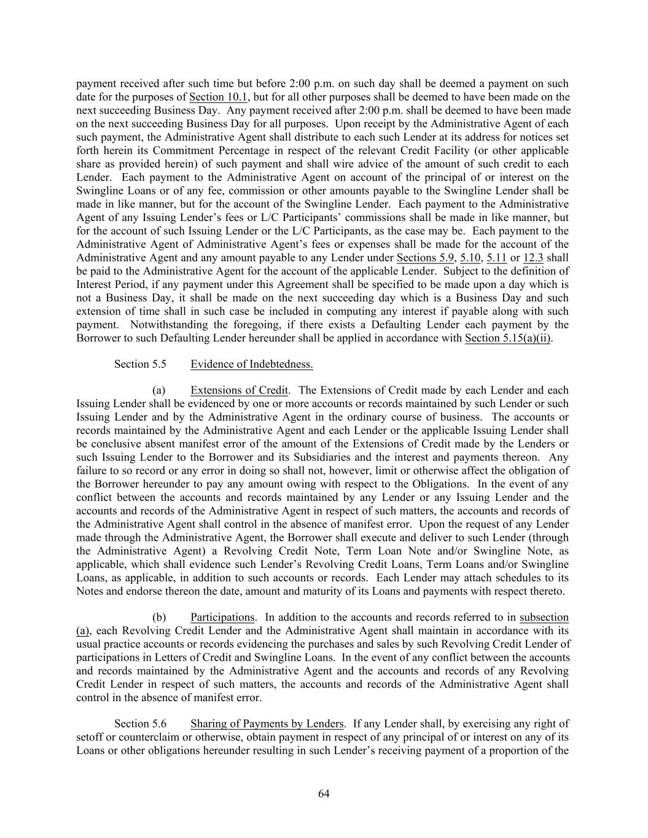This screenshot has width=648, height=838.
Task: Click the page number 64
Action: (x=324, y=794)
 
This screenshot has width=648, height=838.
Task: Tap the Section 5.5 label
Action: (x=140, y=364)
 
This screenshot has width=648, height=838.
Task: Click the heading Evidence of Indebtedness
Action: (x=251, y=364)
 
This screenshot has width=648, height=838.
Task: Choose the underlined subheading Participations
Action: (x=222, y=617)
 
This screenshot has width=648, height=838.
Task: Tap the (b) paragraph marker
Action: (x=159, y=617)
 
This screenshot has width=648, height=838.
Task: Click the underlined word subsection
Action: (x=544, y=617)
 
